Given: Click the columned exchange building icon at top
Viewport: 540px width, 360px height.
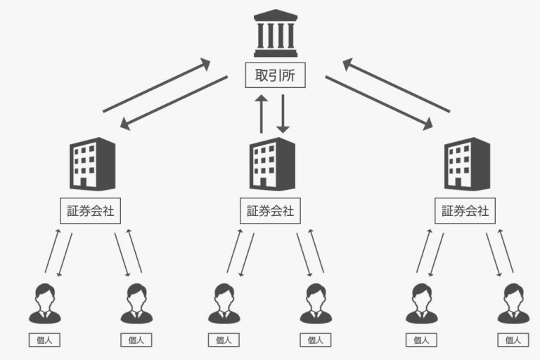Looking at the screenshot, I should click(276, 33).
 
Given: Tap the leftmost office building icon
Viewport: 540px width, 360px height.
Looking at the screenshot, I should click(92, 162).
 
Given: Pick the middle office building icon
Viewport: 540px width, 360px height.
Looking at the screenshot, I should click(272, 162).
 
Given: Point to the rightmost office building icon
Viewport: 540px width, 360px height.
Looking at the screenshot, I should click(466, 162).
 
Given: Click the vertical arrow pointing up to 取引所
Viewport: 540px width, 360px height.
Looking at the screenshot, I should click(262, 114).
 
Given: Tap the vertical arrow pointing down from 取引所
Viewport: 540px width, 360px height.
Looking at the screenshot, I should click(283, 114).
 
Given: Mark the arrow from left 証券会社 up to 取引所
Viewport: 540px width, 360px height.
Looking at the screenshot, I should click(157, 85).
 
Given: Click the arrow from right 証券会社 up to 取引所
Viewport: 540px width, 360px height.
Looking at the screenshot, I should click(396, 85).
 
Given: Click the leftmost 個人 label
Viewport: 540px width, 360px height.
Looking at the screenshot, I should click(44, 340).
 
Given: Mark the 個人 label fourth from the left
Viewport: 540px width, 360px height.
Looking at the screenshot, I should click(315, 340).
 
